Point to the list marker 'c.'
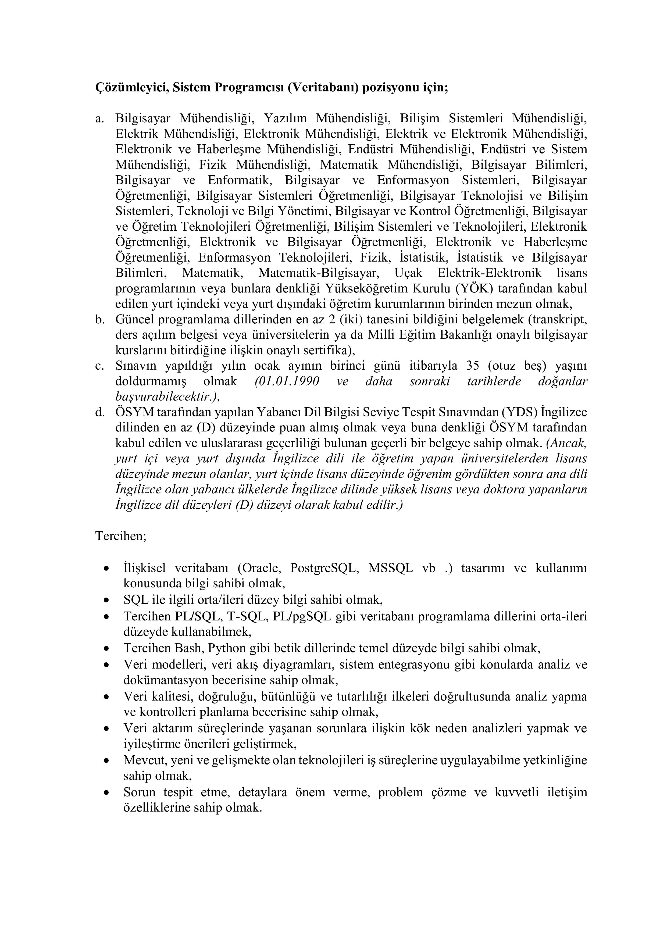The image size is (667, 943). (x=99, y=366)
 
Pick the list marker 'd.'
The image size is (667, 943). (x=100, y=412)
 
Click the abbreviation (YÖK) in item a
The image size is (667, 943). (x=474, y=288)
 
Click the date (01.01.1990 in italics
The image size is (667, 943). (x=286, y=381)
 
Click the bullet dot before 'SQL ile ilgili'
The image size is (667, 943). (x=107, y=601)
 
